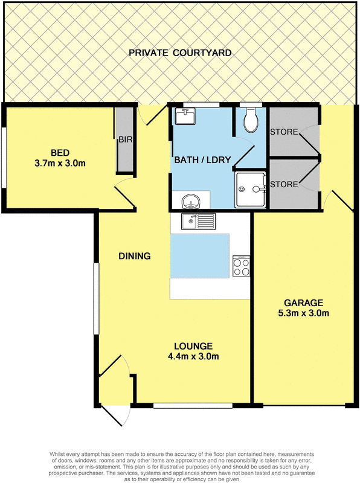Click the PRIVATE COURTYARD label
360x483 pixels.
(x=180, y=53)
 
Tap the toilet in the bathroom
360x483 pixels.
(x=249, y=120)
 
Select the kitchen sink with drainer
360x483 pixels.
(x=198, y=222)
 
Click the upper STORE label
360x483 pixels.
(x=284, y=132)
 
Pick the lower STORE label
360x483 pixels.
(x=284, y=184)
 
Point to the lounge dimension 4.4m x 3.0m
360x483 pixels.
(x=193, y=356)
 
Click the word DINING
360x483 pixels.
(x=134, y=256)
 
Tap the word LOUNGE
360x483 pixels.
(x=193, y=346)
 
